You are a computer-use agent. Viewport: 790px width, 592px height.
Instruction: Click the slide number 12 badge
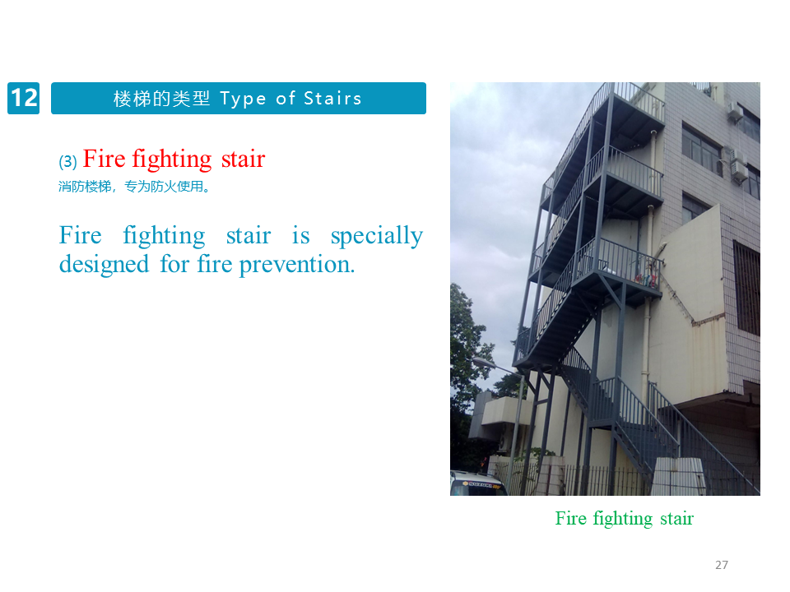tap(23, 98)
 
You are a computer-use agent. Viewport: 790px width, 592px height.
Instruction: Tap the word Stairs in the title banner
tap(332, 98)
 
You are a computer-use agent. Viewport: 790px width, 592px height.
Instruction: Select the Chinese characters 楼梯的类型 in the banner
tap(161, 99)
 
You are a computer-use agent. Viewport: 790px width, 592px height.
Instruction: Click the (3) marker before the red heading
tap(67, 162)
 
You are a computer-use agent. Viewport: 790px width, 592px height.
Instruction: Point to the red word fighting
tap(172, 160)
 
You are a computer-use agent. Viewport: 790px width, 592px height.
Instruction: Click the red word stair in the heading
tap(243, 159)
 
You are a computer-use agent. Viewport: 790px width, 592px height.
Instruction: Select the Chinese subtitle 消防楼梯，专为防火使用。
tap(134, 187)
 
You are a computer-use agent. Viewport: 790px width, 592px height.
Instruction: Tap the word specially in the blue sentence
tap(376, 237)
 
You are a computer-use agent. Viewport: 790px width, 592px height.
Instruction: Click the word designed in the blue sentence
tap(104, 264)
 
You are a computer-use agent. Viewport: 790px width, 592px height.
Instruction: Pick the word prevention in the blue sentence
tap(297, 265)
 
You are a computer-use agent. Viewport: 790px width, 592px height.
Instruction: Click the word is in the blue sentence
tap(301, 236)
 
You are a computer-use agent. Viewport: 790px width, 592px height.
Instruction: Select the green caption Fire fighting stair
tap(625, 519)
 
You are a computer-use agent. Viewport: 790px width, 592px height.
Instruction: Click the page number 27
tap(722, 565)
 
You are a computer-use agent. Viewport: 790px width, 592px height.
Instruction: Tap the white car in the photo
tap(477, 483)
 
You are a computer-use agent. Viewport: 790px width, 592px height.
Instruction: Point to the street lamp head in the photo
tap(484, 362)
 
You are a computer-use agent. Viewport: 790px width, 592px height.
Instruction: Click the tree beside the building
tap(468, 353)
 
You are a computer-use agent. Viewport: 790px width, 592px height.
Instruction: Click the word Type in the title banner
tap(243, 99)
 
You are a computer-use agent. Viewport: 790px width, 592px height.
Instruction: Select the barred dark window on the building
tap(746, 289)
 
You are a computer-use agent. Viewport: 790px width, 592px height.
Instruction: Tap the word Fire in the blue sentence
tap(80, 236)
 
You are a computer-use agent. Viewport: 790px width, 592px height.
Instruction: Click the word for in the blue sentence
tap(174, 264)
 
